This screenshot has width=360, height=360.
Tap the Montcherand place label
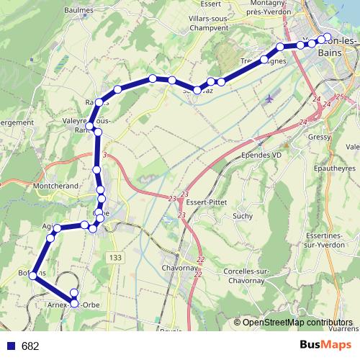click(x=56, y=186)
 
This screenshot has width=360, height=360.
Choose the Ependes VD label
click(x=261, y=155)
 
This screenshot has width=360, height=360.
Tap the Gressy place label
click(x=318, y=137)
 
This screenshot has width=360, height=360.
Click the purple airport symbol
click(x=270, y=98)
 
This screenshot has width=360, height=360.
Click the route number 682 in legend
click(x=30, y=346)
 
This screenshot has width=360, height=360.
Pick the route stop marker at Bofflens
click(x=33, y=274)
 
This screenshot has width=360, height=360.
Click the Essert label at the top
click(x=210, y=3)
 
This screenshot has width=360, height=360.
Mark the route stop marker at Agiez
click(x=58, y=228)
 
